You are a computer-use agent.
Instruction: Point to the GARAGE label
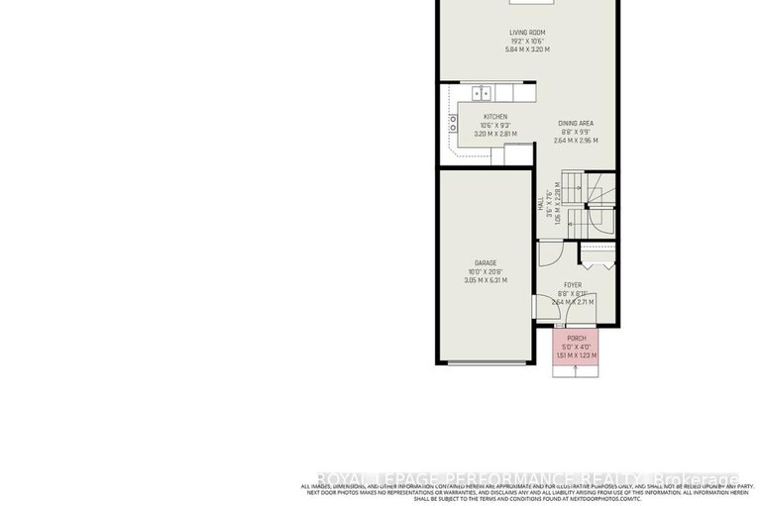click(x=485, y=263)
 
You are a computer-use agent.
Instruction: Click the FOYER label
click(x=573, y=284)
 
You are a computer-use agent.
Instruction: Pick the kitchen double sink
click(x=481, y=94)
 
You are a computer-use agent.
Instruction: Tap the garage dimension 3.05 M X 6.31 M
click(x=485, y=280)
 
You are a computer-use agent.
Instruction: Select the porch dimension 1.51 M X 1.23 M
click(x=576, y=355)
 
